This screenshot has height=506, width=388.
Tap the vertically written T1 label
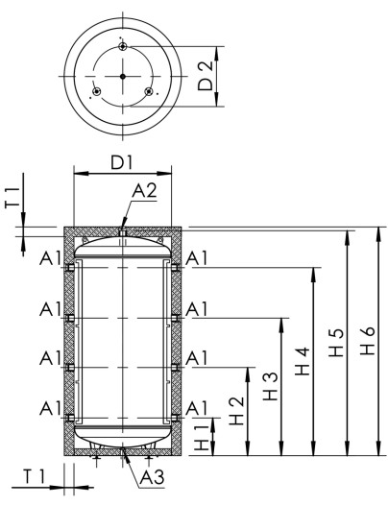coord(12,199)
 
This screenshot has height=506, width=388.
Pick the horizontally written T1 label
coord(35,477)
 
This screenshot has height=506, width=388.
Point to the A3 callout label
coord(151,477)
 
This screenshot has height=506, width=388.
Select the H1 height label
coord(200,439)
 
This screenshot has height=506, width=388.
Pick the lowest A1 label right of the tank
coord(198,407)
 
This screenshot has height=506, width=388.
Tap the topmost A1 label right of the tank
coord(198,259)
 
